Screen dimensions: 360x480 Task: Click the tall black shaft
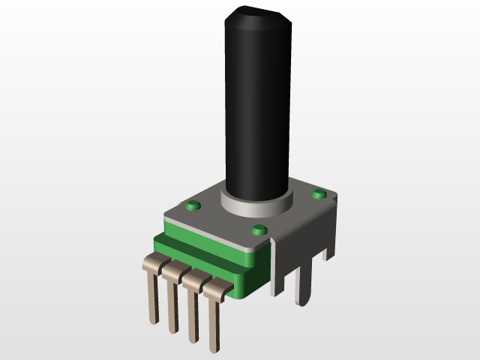[256, 112]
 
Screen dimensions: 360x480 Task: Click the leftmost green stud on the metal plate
[193, 204]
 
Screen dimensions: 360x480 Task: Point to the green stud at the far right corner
[319, 194]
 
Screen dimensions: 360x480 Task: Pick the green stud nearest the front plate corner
[259, 229]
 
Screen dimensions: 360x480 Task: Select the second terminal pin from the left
[173, 300]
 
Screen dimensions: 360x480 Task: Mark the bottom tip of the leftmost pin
[154, 322]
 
